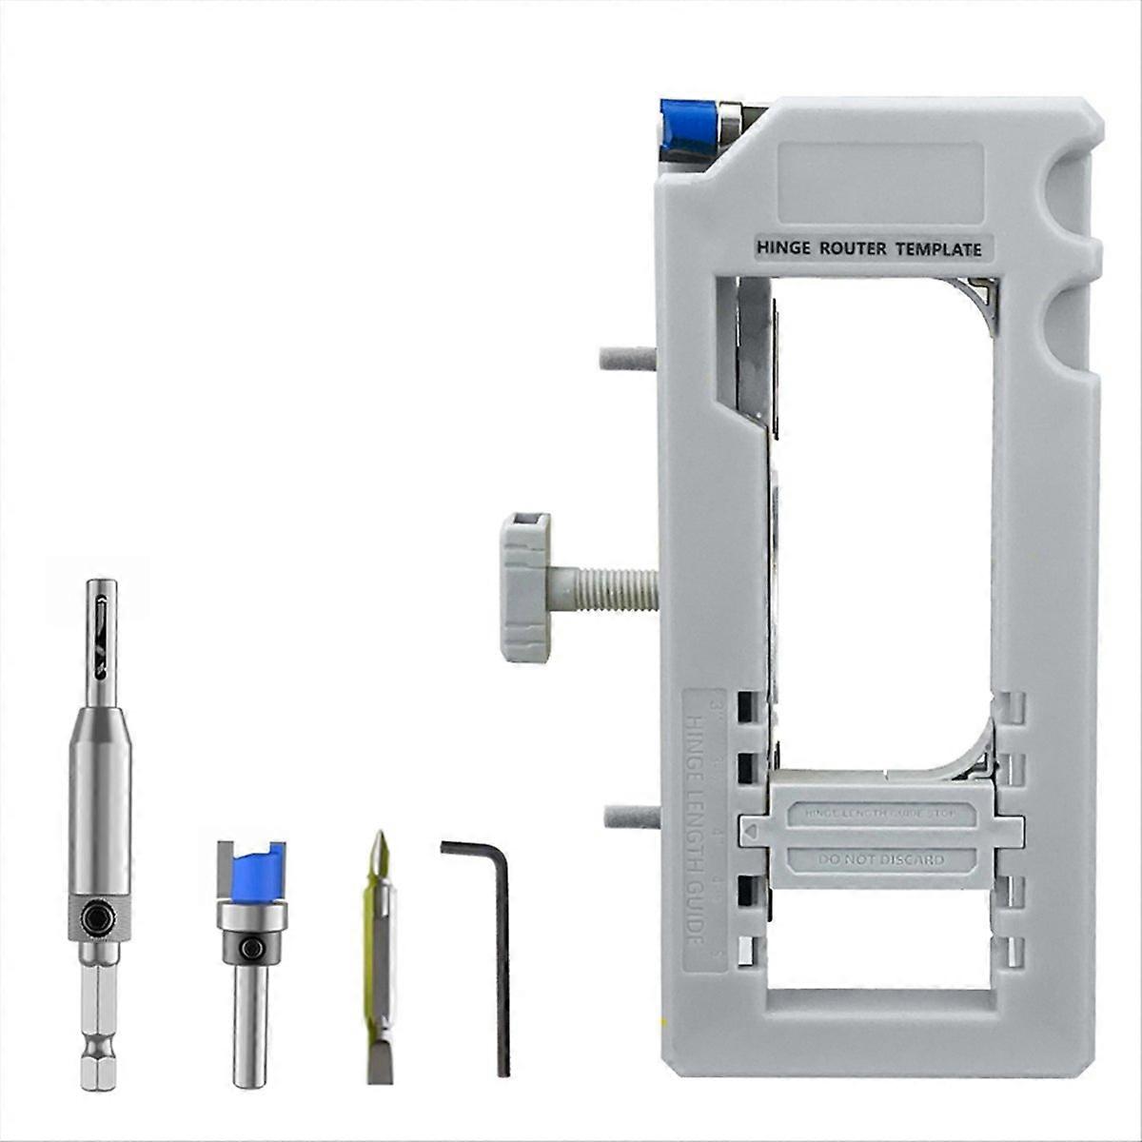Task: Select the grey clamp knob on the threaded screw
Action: click(525, 587)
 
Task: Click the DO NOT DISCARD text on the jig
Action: click(880, 860)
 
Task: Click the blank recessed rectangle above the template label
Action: click(880, 182)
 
